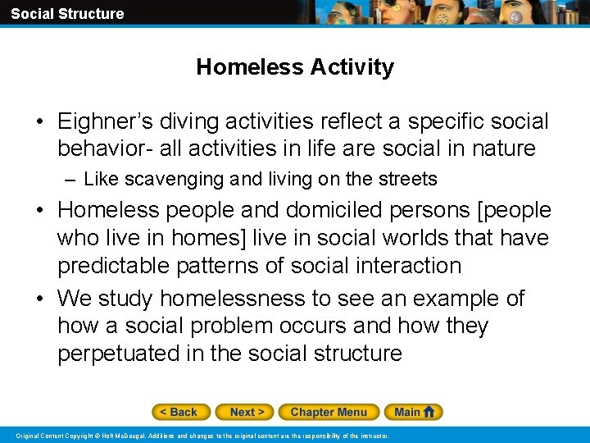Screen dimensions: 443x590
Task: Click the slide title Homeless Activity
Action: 295,67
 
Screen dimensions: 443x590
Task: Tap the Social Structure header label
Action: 67,13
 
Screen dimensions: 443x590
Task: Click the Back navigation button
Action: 180,412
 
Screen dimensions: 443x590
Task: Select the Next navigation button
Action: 247,412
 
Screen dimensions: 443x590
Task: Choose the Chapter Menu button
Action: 328,412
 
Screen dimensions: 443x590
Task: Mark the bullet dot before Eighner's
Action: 39,123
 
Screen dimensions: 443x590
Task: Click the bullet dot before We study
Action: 39,299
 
